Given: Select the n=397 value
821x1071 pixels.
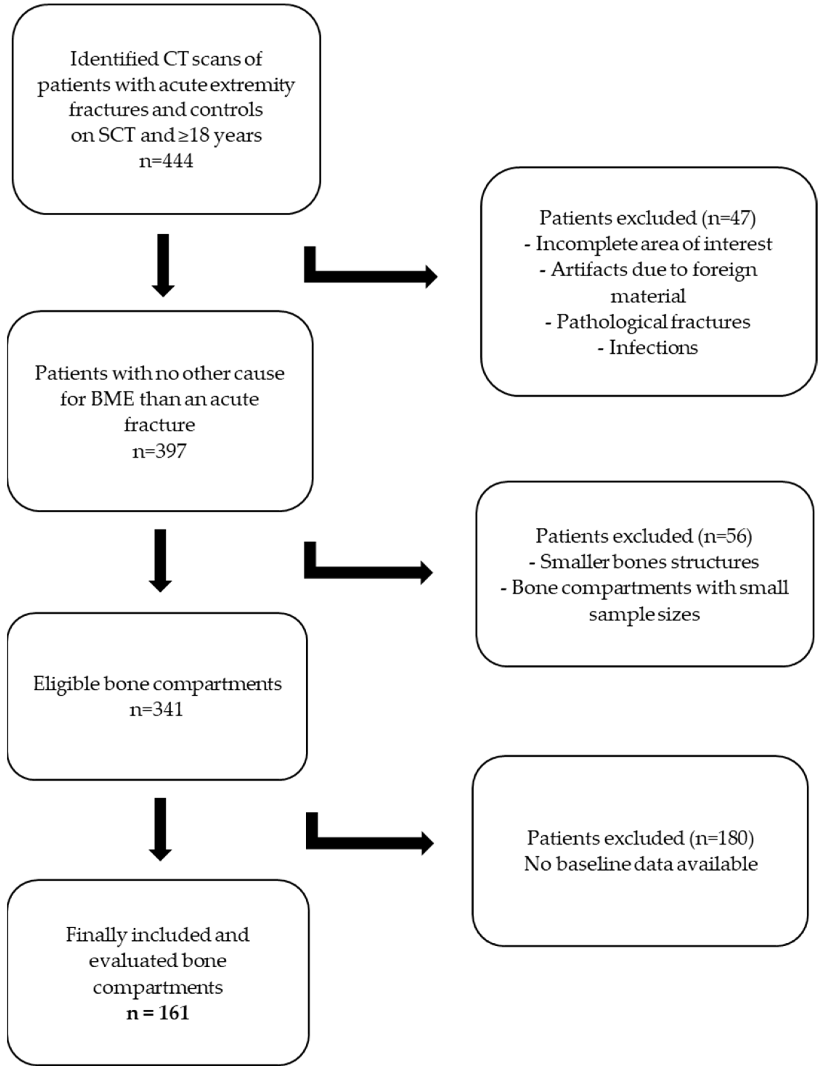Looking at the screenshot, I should point(159,451).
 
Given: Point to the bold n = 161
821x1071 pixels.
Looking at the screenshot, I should point(158,1012).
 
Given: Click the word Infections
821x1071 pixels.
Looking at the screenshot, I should point(653,347).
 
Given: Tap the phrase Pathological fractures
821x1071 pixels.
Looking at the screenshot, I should point(653,322).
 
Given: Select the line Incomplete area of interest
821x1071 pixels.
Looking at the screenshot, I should point(653,243).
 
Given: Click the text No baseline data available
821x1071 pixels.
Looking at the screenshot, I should point(641,864).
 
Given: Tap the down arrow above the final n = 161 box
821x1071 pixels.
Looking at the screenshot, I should point(160,829).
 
